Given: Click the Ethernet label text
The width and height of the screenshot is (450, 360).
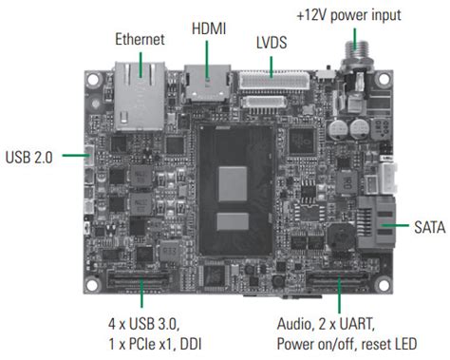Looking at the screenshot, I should (139, 40).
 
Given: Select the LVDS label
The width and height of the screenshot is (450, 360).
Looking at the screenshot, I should (272, 44).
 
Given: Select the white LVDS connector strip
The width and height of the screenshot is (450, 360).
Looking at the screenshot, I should (275, 82).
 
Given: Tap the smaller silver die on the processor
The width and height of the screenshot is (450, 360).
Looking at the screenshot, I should (232, 224).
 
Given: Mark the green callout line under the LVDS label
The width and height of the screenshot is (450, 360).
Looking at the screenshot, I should (272, 63).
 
